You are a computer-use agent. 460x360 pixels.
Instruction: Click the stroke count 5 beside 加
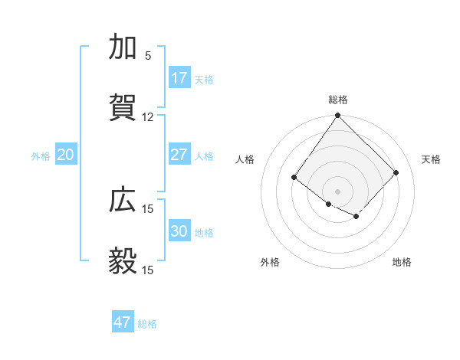[148, 56]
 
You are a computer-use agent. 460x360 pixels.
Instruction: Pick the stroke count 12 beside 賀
[148, 117]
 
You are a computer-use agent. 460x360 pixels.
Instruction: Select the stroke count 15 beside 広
[148, 209]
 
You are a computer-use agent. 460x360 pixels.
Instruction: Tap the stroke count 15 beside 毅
[148, 270]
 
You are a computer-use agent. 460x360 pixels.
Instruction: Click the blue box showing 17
[179, 78]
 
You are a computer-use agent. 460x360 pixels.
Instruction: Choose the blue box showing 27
[179, 155]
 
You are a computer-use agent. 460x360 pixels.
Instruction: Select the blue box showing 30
[179, 231]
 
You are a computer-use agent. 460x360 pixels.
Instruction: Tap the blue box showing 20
[65, 155]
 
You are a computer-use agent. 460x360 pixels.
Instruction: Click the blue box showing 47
[123, 322]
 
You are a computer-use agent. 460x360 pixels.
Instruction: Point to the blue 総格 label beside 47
[147, 324]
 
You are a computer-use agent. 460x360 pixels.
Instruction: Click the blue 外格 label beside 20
[41, 156]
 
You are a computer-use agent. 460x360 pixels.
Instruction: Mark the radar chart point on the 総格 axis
[337, 116]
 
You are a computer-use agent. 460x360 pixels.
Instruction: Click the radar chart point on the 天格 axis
[396, 172]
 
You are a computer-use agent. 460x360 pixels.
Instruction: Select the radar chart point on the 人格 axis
[294, 178]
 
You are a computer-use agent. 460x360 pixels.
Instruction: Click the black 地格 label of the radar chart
[402, 262]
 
